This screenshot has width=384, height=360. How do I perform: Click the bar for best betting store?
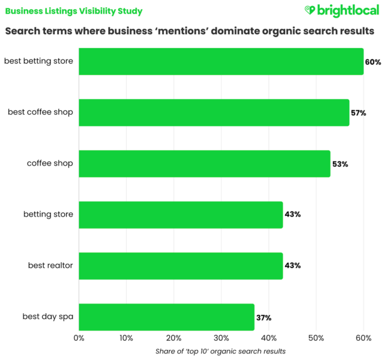(221, 61)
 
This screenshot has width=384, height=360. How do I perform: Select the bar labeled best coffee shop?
(214, 112)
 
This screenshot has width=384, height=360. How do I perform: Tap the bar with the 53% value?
(204, 163)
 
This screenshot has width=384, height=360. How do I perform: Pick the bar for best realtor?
(180, 265)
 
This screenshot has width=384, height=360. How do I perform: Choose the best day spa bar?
(166, 317)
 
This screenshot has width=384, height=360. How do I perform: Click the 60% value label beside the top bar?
(373, 62)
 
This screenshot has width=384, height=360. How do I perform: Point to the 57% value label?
(359, 113)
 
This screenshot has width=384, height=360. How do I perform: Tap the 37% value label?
(264, 317)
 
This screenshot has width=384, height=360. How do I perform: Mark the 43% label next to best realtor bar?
(293, 266)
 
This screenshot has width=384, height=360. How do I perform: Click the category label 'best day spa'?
(48, 317)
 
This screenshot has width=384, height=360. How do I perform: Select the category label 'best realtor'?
(51, 265)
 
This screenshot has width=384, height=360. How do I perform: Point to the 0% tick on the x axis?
(79, 338)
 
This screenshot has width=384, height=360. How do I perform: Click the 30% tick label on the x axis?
(221, 338)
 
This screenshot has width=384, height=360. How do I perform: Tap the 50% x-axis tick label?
(316, 338)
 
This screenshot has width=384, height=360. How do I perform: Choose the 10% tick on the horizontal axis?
(126, 338)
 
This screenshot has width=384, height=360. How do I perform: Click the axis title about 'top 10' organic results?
(221, 351)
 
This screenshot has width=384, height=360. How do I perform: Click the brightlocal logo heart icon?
(310, 10)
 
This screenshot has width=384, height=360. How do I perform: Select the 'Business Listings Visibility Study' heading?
(74, 11)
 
